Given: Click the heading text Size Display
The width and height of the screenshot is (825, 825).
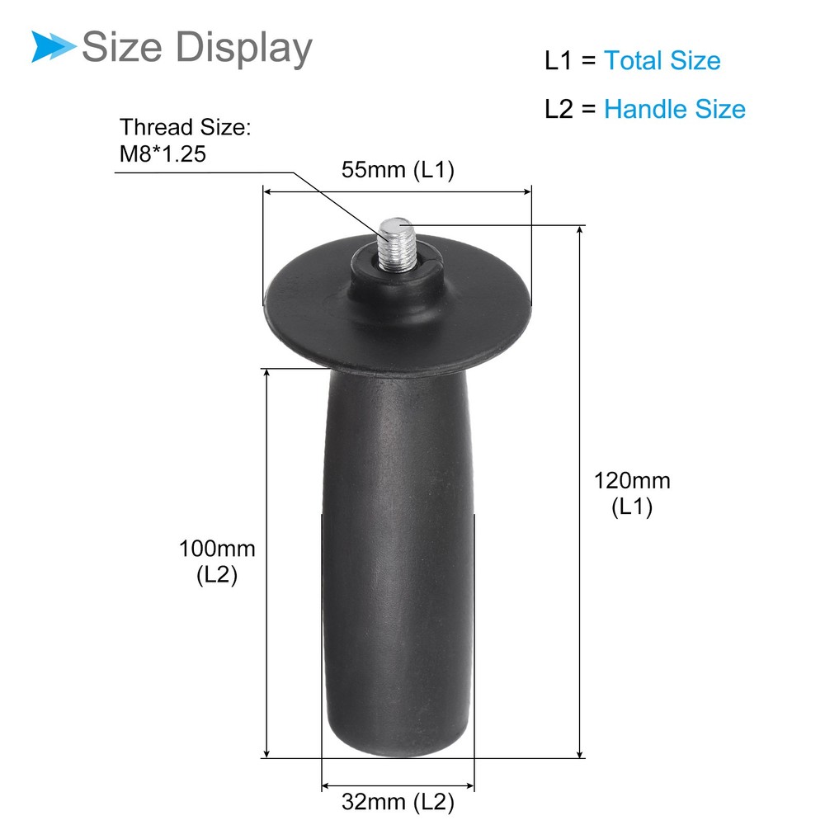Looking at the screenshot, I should (x=196, y=47).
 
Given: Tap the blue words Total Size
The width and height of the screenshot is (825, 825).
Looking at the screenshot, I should (x=662, y=60).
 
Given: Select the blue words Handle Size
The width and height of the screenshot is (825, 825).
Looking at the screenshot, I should (x=674, y=109).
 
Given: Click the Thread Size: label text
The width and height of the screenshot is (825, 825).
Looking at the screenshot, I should (x=184, y=128).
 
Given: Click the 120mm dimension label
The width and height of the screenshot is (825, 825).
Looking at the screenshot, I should (x=632, y=480).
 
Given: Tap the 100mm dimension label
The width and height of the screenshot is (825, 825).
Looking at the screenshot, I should (x=217, y=549).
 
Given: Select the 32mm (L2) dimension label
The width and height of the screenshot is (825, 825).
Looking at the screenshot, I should (x=398, y=800).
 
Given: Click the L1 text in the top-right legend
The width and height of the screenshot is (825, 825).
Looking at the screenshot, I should (x=558, y=61).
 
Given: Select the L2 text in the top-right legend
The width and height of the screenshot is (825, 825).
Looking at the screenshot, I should (x=559, y=110).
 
